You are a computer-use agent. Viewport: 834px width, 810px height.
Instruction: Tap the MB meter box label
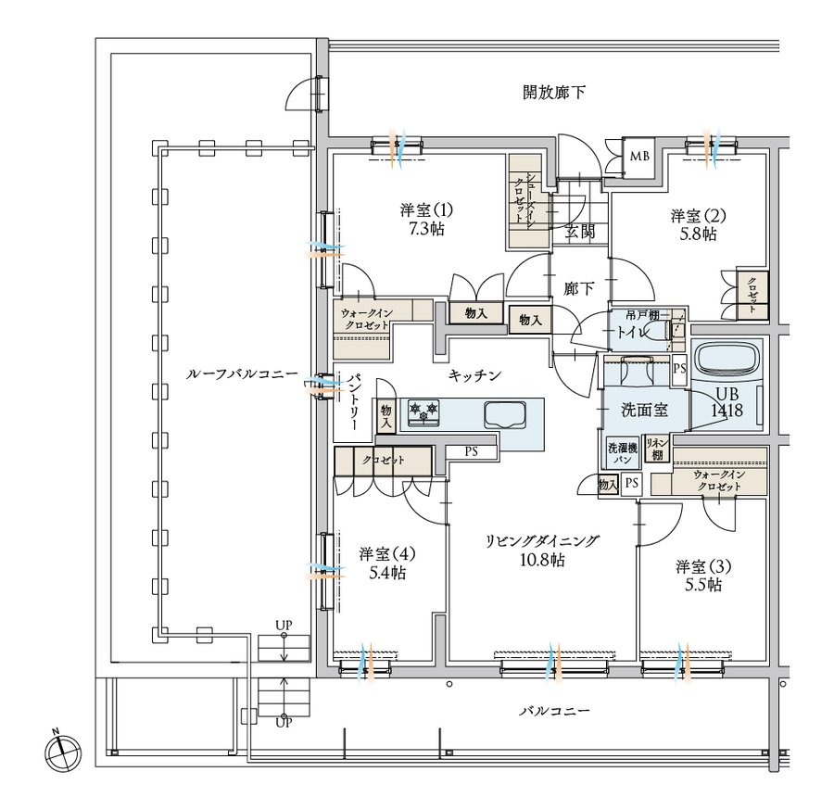[639, 157]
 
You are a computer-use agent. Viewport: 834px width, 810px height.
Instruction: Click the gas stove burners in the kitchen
[423, 412]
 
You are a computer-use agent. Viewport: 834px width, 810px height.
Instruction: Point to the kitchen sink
[505, 413]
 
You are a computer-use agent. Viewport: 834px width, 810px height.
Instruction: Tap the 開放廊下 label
[554, 93]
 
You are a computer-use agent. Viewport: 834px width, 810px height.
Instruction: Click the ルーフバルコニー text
[242, 374]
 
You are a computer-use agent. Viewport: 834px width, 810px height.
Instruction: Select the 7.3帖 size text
[426, 229]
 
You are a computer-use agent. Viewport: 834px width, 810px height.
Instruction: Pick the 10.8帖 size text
[542, 560]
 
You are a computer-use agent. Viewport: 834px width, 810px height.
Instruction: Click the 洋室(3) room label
[703, 566]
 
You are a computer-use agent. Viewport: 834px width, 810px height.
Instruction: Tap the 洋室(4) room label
[386, 554]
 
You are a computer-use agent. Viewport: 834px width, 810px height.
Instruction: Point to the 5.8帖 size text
[698, 234]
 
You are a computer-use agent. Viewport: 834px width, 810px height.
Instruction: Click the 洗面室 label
[645, 410]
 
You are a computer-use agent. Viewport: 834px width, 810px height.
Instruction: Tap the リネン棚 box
[657, 449]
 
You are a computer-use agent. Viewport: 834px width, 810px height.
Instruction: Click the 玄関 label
[579, 232]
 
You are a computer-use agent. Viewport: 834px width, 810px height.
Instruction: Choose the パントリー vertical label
[355, 402]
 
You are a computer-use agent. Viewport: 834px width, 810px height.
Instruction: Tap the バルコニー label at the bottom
[554, 711]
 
